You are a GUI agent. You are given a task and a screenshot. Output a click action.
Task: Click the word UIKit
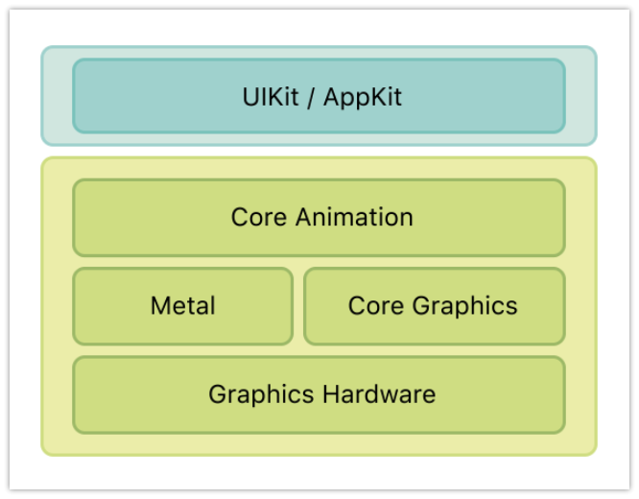pos(270,97)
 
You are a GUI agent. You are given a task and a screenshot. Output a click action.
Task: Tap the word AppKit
pos(363,97)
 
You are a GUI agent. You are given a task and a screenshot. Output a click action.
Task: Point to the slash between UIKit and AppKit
pos(312,97)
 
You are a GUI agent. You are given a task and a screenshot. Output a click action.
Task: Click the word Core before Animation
pos(259,217)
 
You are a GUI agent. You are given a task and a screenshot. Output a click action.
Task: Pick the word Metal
pos(182,306)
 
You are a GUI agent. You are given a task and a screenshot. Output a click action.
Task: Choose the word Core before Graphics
pos(375,306)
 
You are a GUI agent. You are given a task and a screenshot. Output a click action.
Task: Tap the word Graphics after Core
pos(464,307)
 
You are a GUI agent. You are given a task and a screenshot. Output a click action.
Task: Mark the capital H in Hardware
pos(330,393)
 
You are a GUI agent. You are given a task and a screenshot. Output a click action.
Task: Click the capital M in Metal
pos(159,306)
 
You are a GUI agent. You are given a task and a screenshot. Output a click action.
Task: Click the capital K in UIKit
pos(272,97)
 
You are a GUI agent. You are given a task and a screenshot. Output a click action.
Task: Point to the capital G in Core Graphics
pos(419,306)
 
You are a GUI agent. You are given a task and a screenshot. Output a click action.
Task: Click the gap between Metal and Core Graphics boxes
pos(298,306)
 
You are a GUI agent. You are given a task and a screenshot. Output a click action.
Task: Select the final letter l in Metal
pos(212,306)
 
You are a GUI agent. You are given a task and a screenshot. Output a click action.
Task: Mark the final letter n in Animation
pos(407,218)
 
